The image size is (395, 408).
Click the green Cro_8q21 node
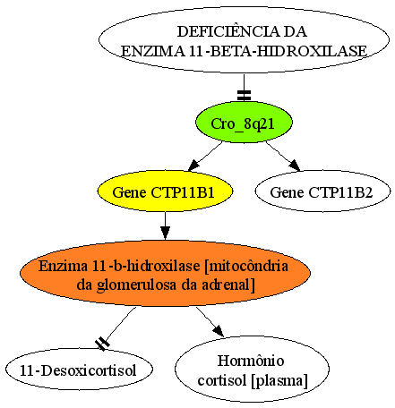pyautogui.click(x=244, y=122)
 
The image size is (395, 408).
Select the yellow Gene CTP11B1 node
pyautogui.click(x=165, y=191)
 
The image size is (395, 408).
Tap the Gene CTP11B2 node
pyautogui.click(x=322, y=191)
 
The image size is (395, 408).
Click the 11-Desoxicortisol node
pyautogui.click(x=79, y=370)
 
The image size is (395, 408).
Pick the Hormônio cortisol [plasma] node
pyautogui.click(x=252, y=370)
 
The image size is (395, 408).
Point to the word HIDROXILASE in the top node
pyautogui.click(x=312, y=51)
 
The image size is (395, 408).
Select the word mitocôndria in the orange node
pyautogui.click(x=249, y=266)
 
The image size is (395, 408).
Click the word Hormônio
pyautogui.click(x=251, y=361)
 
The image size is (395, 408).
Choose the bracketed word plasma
pyautogui.click(x=279, y=381)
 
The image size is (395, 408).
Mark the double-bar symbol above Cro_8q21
pyautogui.click(x=244, y=96)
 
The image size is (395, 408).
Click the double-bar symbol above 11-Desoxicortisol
pyautogui.click(x=102, y=344)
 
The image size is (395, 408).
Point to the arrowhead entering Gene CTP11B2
pyautogui.click(x=295, y=166)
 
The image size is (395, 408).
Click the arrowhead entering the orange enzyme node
pyautogui.click(x=165, y=233)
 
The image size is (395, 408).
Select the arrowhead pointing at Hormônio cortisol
pyautogui.click(x=219, y=331)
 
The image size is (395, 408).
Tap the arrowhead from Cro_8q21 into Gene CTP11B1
pyautogui.click(x=193, y=166)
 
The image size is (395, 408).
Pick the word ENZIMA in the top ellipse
pyautogui.click(x=153, y=51)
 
